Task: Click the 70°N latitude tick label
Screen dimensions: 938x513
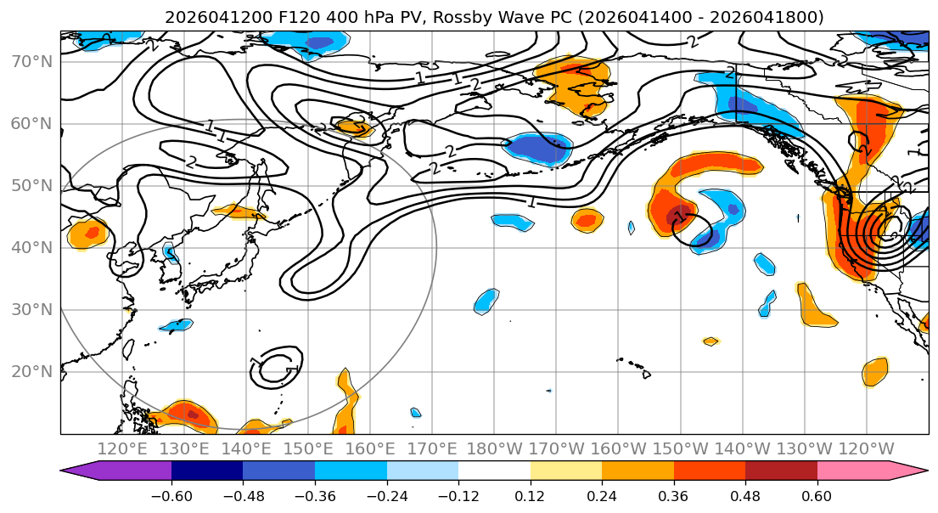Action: tap(31, 62)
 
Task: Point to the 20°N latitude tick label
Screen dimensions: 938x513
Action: tap(31, 372)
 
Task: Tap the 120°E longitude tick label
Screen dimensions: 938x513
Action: tap(122, 449)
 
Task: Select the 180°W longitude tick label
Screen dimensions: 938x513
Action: tap(495, 449)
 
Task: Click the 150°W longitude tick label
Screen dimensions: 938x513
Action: tap(680, 449)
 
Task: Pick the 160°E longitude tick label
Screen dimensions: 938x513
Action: tap(370, 449)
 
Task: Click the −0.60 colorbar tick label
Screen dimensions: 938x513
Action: tap(171, 496)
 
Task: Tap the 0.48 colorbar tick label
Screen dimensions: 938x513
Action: tap(745, 496)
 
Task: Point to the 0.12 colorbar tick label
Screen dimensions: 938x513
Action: tap(530, 496)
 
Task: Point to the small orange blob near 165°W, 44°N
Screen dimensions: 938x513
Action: tap(587, 220)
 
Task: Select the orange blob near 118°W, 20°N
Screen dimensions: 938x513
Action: tap(876, 372)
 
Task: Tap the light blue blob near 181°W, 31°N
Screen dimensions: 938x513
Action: tap(486, 302)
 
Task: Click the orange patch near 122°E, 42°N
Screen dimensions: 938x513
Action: tap(87, 234)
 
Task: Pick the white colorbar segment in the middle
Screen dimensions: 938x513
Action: tap(494, 471)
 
